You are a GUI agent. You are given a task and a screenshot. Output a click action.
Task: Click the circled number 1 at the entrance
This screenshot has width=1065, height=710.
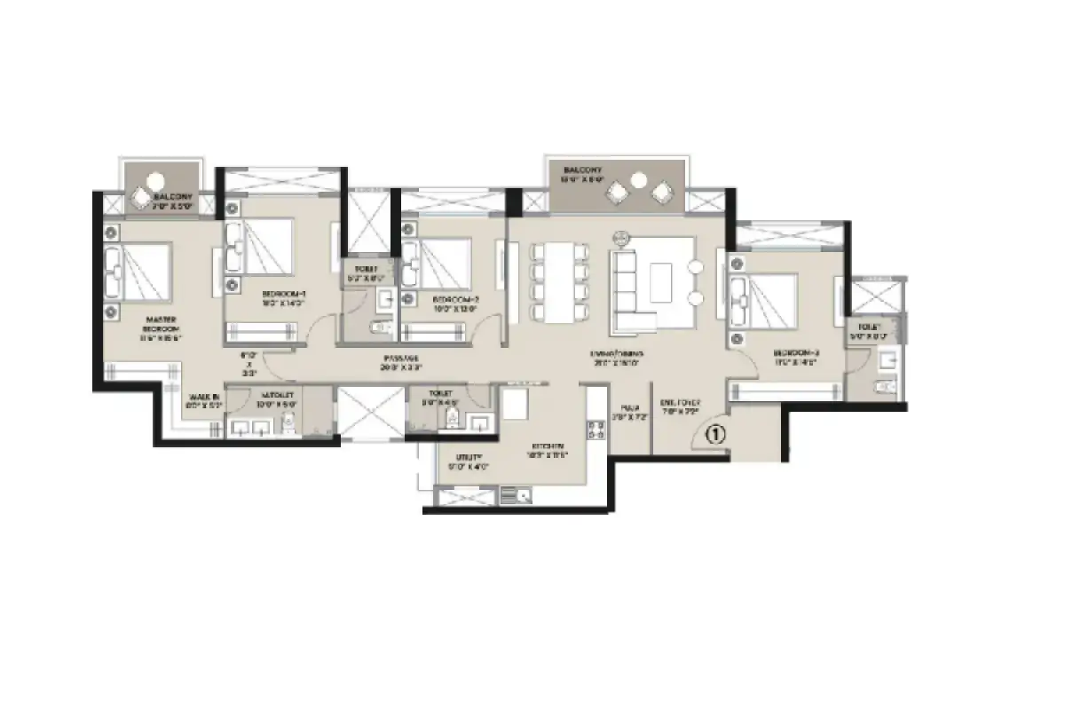(716, 435)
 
